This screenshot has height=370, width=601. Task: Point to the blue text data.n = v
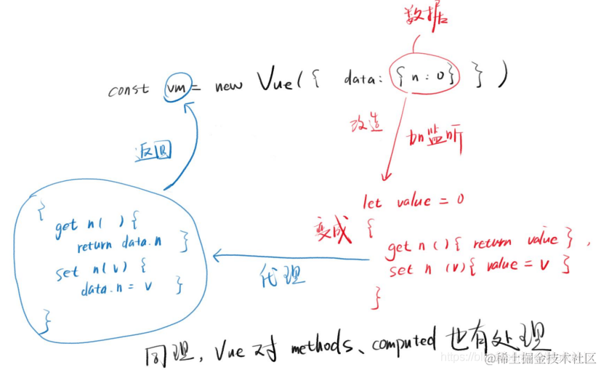point(116,289)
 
